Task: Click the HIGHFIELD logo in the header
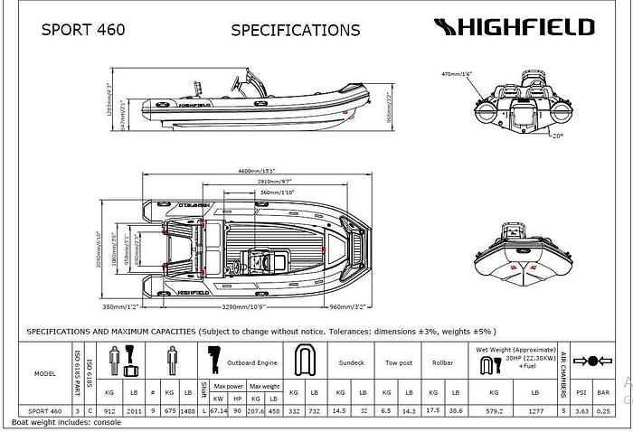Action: (512, 27)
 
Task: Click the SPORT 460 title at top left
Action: (83, 28)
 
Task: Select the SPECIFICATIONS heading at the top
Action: (295, 30)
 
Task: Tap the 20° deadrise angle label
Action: (557, 136)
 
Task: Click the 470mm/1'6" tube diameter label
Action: (458, 73)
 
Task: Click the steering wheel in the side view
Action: (239, 83)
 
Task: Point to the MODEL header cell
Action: (44, 372)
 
